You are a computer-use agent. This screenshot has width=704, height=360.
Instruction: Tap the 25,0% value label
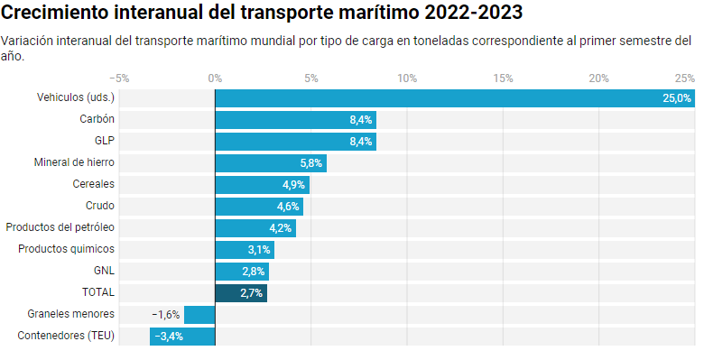tap(676, 97)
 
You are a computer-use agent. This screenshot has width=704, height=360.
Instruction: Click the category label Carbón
tap(97, 119)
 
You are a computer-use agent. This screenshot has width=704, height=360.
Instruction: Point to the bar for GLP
tap(295, 141)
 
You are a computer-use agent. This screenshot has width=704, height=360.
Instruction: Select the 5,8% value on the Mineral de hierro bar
tap(310, 162)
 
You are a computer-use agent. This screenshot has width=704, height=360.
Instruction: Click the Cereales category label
tap(93, 184)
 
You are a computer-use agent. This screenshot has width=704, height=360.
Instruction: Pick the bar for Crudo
tap(258, 206)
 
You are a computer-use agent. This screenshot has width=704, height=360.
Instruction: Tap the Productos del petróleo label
tap(60, 227)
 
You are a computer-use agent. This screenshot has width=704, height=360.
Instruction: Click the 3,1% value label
tap(259, 249)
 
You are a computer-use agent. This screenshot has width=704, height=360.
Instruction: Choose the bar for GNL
tap(241, 271)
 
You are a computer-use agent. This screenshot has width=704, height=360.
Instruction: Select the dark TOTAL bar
tap(240, 292)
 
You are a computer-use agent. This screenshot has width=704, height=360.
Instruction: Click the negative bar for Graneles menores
tap(199, 314)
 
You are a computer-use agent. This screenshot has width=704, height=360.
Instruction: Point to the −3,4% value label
tap(169, 336)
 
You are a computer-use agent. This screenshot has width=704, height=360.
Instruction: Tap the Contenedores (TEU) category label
tap(66, 336)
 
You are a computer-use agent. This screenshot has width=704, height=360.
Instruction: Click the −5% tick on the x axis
tap(119, 78)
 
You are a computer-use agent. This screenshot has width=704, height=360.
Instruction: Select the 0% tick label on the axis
tap(215, 78)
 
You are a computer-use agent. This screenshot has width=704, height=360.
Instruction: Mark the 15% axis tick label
tap(503, 78)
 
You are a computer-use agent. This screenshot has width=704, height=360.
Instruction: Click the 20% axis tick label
tap(598, 78)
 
